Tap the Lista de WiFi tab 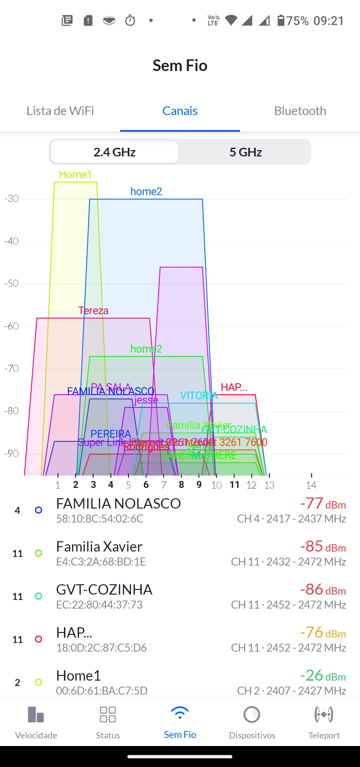coord(60,111)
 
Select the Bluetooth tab coord(300,111)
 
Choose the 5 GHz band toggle coord(246,152)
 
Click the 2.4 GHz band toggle coord(114,152)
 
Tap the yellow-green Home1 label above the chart coord(75,174)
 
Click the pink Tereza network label coord(93,310)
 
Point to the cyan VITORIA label coord(199,396)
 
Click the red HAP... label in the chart coord(234,387)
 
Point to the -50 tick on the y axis coord(12,283)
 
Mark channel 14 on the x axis coord(311,485)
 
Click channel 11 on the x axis coord(234,485)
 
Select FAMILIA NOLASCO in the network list coord(118,504)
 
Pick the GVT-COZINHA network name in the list coord(104,590)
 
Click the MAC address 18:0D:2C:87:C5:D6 coord(101,648)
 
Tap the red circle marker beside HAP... coord(39,639)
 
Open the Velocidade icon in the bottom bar coord(36,714)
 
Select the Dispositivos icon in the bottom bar coord(252,714)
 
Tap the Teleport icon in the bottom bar coord(324,714)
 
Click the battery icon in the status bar coord(281,20)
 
